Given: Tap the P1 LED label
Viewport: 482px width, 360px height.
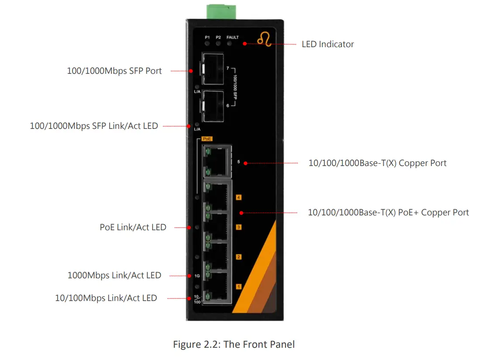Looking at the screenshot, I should click(x=207, y=38).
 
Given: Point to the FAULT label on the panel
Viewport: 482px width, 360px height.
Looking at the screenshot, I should click(x=232, y=38).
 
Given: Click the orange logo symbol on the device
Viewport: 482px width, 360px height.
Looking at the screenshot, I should click(x=264, y=40).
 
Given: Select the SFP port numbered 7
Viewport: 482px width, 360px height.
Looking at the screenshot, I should click(x=213, y=70).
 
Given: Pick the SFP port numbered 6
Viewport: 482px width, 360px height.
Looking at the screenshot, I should click(x=213, y=106).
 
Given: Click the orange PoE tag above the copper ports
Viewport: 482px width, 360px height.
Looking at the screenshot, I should click(x=207, y=138).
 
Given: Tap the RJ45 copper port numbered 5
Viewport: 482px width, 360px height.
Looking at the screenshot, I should click(x=217, y=162).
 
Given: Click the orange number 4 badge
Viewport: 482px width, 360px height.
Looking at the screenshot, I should click(x=238, y=197).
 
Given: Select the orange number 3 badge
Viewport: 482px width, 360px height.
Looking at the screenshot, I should click(x=238, y=227).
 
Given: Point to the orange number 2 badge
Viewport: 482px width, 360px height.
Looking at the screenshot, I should click(x=238, y=257).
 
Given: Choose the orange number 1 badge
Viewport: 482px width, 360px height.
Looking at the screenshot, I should click(x=238, y=287).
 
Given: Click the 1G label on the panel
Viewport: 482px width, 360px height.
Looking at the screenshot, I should click(x=197, y=276).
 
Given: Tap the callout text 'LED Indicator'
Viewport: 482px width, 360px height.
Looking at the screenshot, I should click(x=327, y=44).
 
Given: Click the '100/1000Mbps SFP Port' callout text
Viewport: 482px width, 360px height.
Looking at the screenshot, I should click(x=114, y=71).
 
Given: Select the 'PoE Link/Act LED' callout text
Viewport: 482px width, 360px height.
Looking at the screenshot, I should click(x=133, y=227).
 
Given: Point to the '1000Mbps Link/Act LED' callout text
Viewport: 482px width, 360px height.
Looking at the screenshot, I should click(x=114, y=276).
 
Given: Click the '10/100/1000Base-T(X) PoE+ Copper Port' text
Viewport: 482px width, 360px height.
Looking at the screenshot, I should click(x=388, y=213).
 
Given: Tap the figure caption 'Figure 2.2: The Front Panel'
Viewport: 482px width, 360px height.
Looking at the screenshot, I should click(x=234, y=344).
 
